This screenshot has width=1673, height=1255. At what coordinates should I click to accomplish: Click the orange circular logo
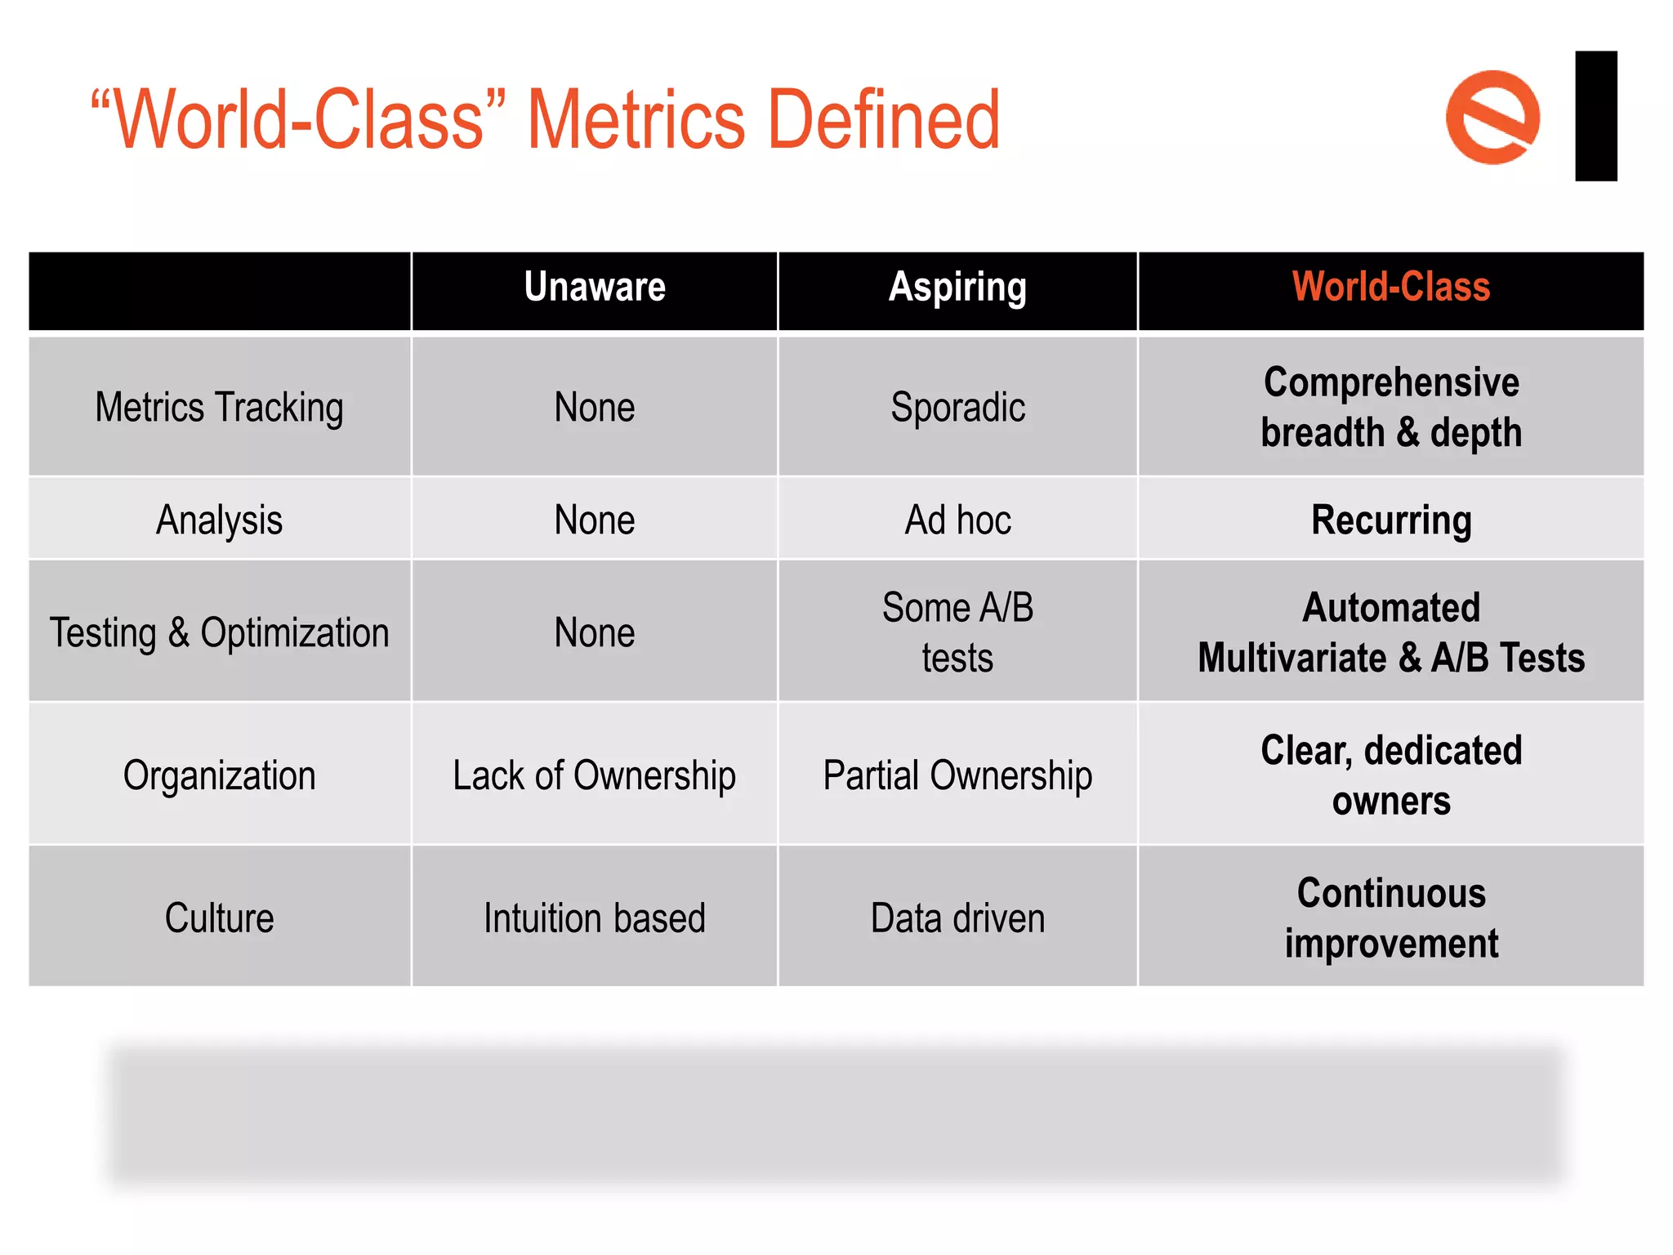pos(1492,117)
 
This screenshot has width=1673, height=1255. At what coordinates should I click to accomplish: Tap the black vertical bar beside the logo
pos(1595,116)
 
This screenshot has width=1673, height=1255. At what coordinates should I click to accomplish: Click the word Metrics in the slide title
pos(636,120)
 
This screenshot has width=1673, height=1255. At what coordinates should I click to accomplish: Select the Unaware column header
pos(595,288)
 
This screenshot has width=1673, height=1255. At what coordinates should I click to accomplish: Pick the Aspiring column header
pos(957,288)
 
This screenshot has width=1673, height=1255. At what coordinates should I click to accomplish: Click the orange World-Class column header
pos(1390,288)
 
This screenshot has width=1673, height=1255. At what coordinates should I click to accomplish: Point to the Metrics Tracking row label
pos(219,407)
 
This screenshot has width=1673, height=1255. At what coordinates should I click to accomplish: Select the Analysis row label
pos(219,520)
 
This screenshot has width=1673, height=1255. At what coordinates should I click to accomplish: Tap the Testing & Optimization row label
pos(219,632)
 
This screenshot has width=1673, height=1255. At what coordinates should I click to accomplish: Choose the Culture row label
pos(219,918)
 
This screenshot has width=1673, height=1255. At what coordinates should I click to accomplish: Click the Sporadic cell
pos(957,407)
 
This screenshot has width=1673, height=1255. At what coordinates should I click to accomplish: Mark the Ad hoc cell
pos(957,520)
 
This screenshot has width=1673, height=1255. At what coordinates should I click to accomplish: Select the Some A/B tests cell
pos(957,632)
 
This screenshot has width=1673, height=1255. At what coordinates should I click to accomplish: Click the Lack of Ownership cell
pos(595,775)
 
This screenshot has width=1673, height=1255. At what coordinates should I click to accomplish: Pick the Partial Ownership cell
pos(957,775)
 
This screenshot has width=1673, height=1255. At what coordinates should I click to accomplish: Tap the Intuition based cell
pos(595,918)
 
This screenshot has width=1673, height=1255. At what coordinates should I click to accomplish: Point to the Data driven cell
pos(957,918)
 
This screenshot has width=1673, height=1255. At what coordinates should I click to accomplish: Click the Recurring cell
pos(1390,520)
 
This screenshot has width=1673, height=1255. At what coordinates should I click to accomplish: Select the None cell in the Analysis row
pos(595,520)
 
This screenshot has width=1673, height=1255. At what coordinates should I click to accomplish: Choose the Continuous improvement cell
pos(1390,918)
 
